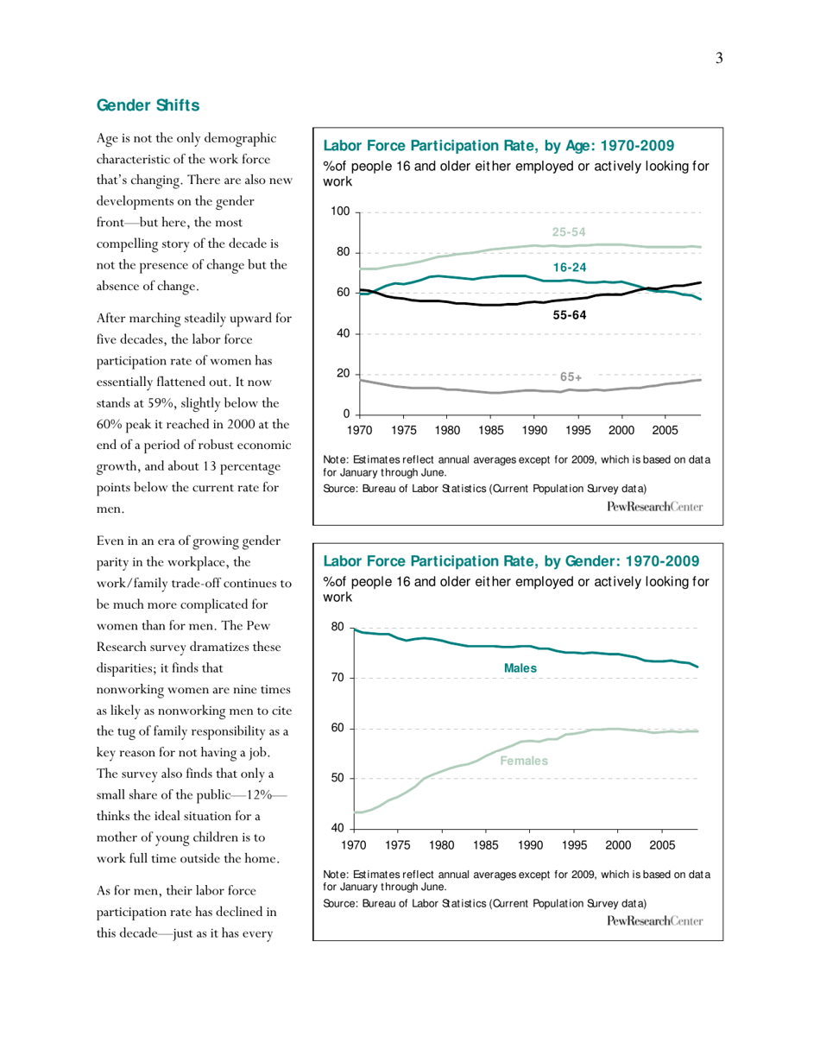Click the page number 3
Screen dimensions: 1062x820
pos(718,58)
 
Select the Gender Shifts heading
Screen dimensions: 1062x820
pos(148,105)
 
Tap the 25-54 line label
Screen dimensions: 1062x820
pos(570,232)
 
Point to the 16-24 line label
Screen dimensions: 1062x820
pos(570,269)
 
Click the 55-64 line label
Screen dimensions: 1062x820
pos(570,317)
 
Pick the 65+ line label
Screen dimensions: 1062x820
pos(571,377)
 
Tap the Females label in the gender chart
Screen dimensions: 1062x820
pos(524,761)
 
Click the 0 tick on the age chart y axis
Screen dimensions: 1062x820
pos(345,414)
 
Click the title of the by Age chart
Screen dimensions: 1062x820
pos(498,144)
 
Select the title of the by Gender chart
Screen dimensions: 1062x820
pos(509,562)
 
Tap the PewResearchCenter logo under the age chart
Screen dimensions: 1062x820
pos(655,506)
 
